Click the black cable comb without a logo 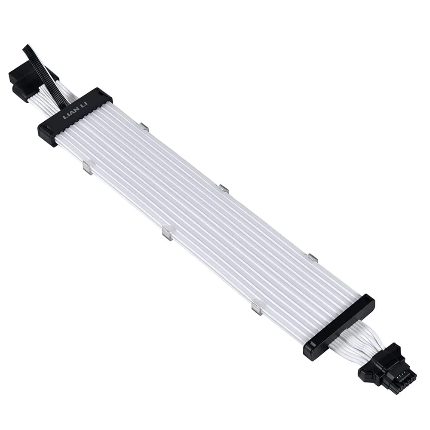pyautogui.click(x=340, y=327)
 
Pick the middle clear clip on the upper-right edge pyautogui.click(x=223, y=188)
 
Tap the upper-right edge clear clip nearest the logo pyautogui.click(x=144, y=127)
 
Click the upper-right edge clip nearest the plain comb pyautogui.click(x=312, y=258)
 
